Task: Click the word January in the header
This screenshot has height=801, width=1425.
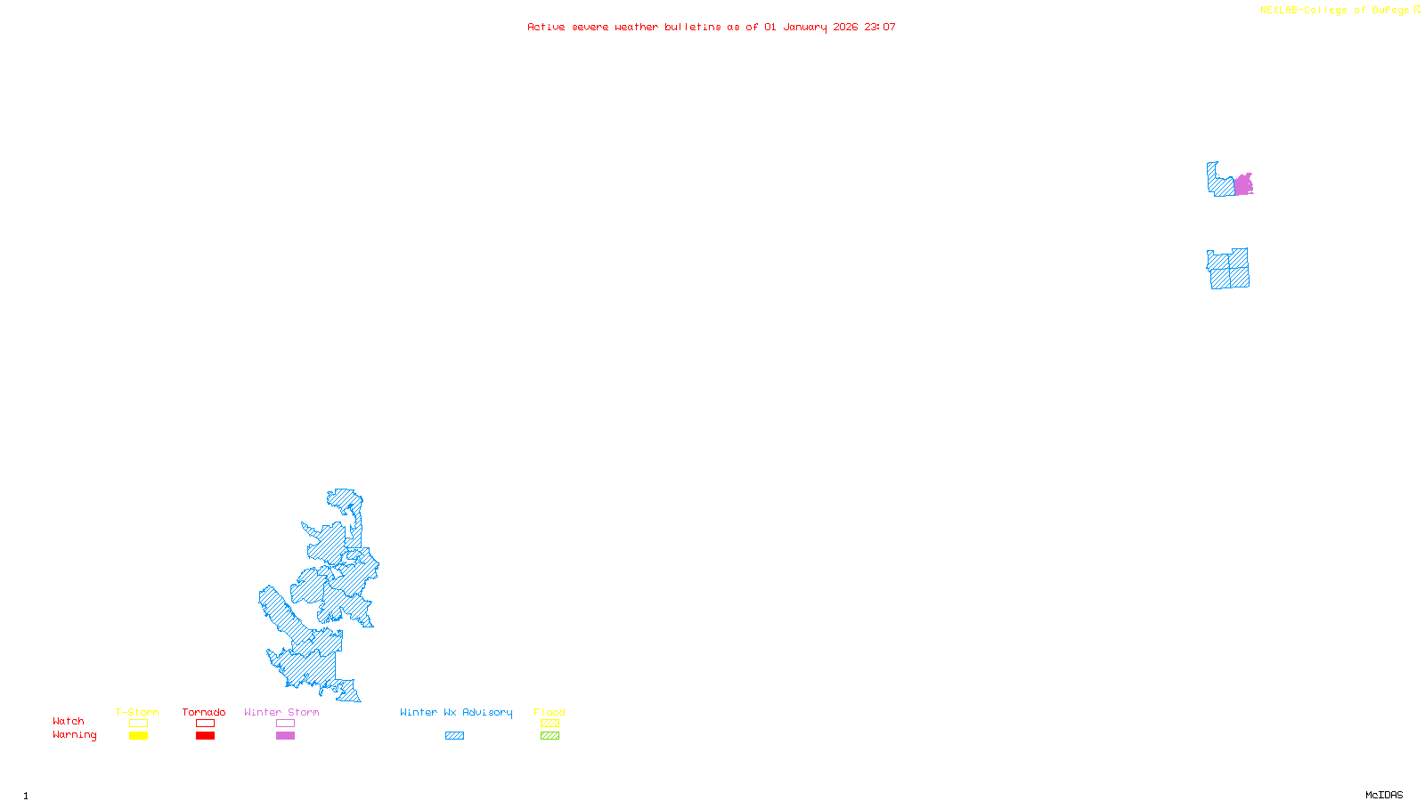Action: [805, 27]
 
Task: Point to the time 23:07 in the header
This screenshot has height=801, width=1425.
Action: [879, 27]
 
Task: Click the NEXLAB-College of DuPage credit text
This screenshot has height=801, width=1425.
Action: [1334, 11]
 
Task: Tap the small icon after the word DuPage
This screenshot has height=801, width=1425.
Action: [1417, 10]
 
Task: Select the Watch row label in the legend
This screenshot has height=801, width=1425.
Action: [68, 722]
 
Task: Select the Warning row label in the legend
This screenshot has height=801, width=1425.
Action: [74, 735]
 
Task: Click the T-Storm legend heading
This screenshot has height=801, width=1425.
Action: [137, 712]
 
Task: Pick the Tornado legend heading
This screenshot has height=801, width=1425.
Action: [204, 712]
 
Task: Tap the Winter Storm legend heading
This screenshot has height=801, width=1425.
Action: [281, 712]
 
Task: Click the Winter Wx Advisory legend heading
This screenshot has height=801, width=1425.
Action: [456, 712]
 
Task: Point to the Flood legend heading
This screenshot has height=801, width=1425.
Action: [550, 712]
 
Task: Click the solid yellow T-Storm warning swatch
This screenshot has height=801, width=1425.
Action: [138, 736]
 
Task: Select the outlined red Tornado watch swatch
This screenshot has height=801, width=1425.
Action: [205, 724]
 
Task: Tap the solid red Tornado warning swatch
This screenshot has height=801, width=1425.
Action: [205, 736]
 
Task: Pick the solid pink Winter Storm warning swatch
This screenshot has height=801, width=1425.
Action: [285, 736]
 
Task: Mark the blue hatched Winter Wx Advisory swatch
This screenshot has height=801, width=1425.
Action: [454, 736]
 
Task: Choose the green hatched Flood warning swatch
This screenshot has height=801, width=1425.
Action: [550, 736]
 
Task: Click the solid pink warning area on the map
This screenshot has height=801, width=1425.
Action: [1243, 185]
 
